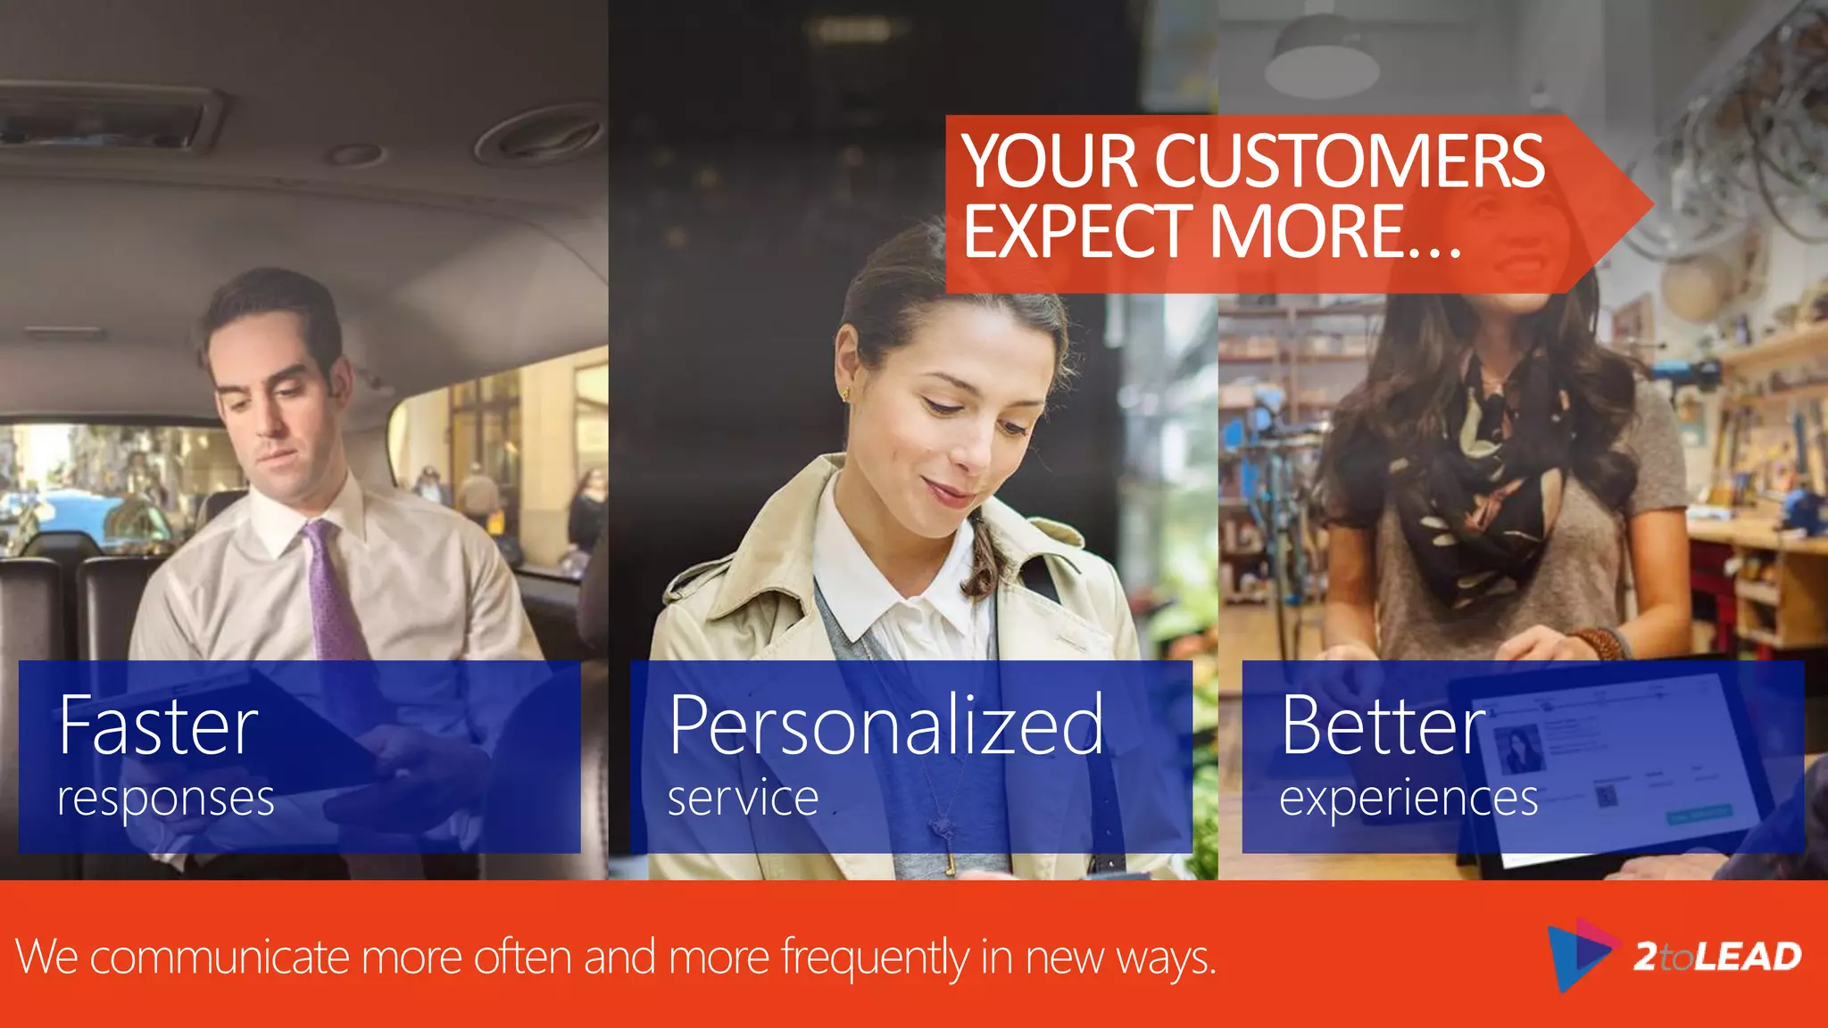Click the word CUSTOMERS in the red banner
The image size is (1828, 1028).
[x=1349, y=162]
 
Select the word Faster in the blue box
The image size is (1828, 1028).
[x=159, y=725]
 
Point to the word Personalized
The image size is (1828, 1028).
[x=885, y=725]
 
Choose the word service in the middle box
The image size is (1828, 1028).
[x=743, y=797]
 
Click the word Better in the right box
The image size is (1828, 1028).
[x=1383, y=725]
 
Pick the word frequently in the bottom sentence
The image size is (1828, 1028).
[x=875, y=958]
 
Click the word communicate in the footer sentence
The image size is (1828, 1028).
[x=220, y=958]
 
